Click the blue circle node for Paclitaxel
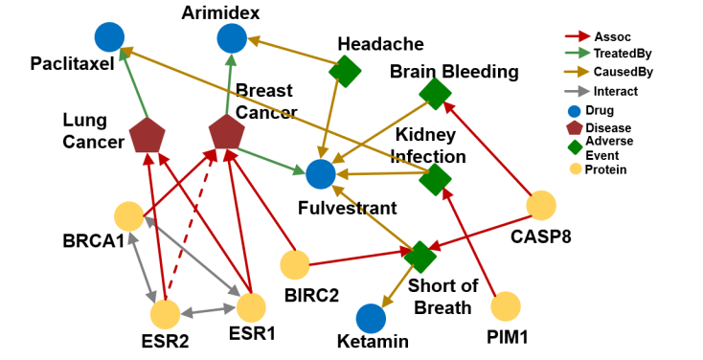pyautogui.click(x=110, y=37)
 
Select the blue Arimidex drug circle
pyautogui.click(x=231, y=38)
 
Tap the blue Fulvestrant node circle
pyautogui.click(x=320, y=173)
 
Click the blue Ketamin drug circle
pyautogui.click(x=371, y=319)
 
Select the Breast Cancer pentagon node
pyautogui.click(x=226, y=132)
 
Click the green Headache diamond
pyautogui.click(x=345, y=70)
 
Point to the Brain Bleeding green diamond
pyautogui.click(x=435, y=93)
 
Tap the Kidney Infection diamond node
pyautogui.click(x=435, y=178)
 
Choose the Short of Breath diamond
pyautogui.click(x=420, y=256)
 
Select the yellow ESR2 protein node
pyautogui.click(x=165, y=313)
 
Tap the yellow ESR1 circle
pyautogui.click(x=251, y=307)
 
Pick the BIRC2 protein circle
pyautogui.click(x=294, y=264)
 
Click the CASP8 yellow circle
pyautogui.click(x=541, y=205)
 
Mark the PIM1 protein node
pyautogui.click(x=506, y=306)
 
